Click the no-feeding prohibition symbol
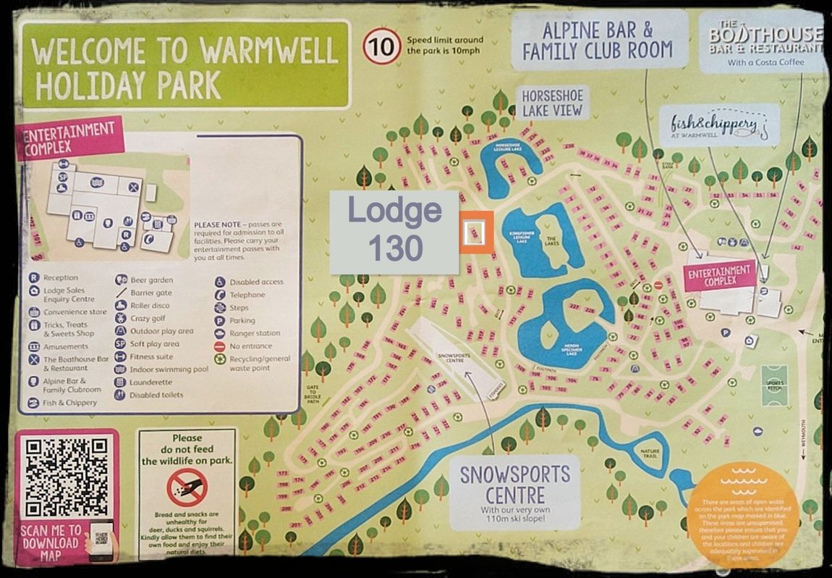pos(187,487)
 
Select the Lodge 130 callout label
pos(394,232)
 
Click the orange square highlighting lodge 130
pos(476,232)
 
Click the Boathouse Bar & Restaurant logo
pos(765,43)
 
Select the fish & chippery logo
pos(713,125)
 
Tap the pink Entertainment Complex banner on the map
pos(720,275)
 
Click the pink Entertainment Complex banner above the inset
pos(69,138)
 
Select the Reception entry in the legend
pos(60,277)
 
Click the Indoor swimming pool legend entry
pos(169,369)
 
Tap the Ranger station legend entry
pos(255,333)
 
